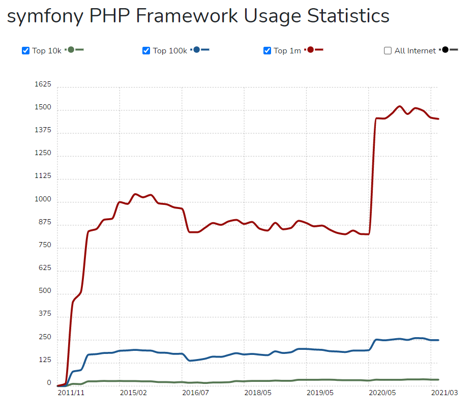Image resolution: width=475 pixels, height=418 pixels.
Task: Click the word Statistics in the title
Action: tap(348, 15)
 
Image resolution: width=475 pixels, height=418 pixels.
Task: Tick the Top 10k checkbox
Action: tap(26, 50)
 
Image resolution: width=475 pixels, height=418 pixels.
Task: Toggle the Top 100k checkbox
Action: tap(146, 50)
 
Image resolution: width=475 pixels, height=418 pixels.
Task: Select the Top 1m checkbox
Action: tap(268, 50)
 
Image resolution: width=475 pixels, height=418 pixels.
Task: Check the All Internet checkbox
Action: tap(388, 50)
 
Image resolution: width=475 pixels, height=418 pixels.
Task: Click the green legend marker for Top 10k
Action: tap(71, 49)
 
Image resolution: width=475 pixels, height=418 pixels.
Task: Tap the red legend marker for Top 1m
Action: tap(311, 49)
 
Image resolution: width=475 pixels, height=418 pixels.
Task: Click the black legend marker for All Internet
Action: tap(446, 49)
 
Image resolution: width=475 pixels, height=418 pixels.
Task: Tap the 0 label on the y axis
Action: tap(49, 383)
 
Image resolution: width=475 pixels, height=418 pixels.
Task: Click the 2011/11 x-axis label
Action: tap(72, 393)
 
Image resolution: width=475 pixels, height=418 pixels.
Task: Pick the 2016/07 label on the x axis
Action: tap(196, 393)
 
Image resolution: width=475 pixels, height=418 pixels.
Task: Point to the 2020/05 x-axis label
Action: tap(382, 393)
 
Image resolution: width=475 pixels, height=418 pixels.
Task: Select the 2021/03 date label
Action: tap(444, 393)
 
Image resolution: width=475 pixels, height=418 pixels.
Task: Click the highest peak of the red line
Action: tap(400, 106)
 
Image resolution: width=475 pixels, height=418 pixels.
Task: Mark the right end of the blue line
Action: tap(438, 340)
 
